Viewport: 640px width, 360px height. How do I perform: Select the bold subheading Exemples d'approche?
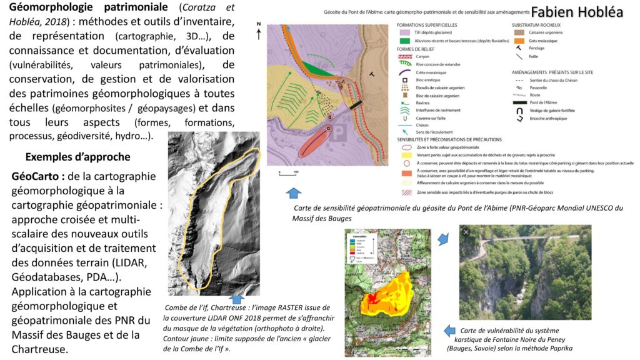coord(78,156)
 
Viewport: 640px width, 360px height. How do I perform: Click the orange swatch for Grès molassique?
coord(517,41)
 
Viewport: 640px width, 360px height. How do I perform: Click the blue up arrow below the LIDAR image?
coord(236,299)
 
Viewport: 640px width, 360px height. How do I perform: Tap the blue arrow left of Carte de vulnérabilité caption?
coord(449,331)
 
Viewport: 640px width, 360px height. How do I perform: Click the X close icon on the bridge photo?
coord(466,232)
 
